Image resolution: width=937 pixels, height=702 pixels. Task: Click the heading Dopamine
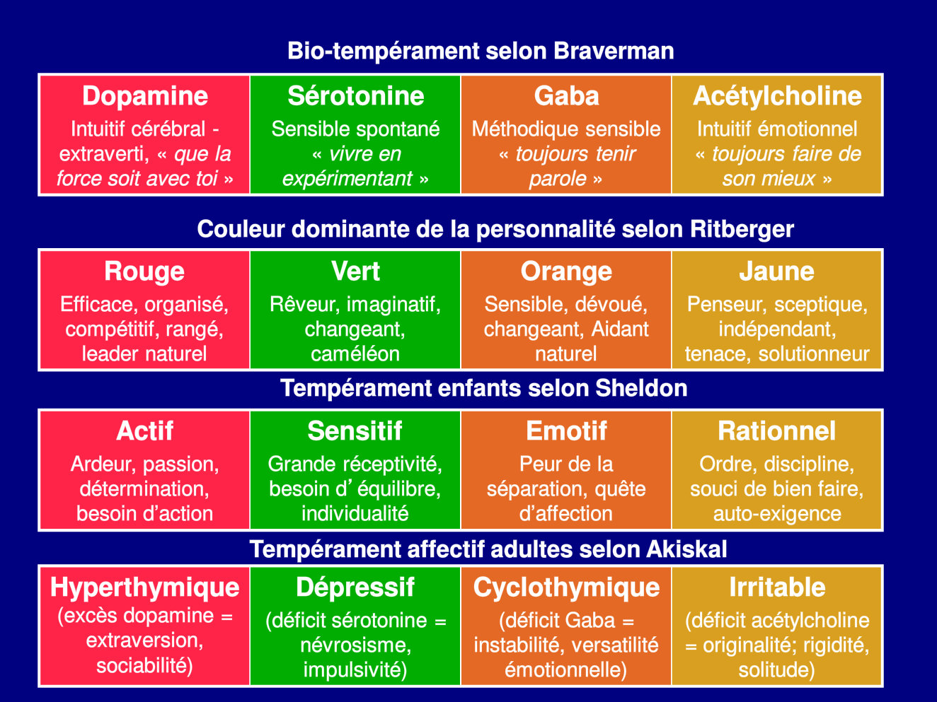pyautogui.click(x=145, y=96)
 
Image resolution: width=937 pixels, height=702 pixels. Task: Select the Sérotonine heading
pyautogui.click(x=355, y=96)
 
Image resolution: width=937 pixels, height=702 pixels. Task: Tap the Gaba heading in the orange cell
pyautogui.click(x=566, y=96)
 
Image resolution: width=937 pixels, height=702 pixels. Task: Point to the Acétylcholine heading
pyautogui.click(x=777, y=97)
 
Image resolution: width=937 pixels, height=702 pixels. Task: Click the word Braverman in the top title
pyautogui.click(x=614, y=51)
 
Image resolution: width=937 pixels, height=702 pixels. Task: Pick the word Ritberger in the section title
pyautogui.click(x=742, y=230)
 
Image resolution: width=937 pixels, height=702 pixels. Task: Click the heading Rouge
pyautogui.click(x=144, y=272)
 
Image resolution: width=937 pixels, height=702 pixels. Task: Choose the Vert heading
pyautogui.click(x=355, y=271)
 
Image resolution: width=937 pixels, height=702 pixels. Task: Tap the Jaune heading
pyautogui.click(x=777, y=271)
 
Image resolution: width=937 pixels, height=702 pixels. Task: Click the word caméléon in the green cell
pyautogui.click(x=355, y=354)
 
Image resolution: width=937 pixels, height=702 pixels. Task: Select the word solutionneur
pyautogui.click(x=814, y=354)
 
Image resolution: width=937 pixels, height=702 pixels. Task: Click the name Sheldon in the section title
pyautogui.click(x=641, y=389)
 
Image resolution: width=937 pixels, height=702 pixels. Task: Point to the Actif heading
pyautogui.click(x=144, y=431)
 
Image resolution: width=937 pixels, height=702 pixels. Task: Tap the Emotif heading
pyautogui.click(x=566, y=431)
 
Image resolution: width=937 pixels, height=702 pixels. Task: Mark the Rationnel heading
pyautogui.click(x=777, y=431)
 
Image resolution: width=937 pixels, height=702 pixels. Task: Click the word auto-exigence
pyautogui.click(x=777, y=514)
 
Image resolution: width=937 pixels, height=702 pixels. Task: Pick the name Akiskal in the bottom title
pyautogui.click(x=686, y=549)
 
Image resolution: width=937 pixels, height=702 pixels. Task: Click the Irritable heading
pyautogui.click(x=777, y=587)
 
